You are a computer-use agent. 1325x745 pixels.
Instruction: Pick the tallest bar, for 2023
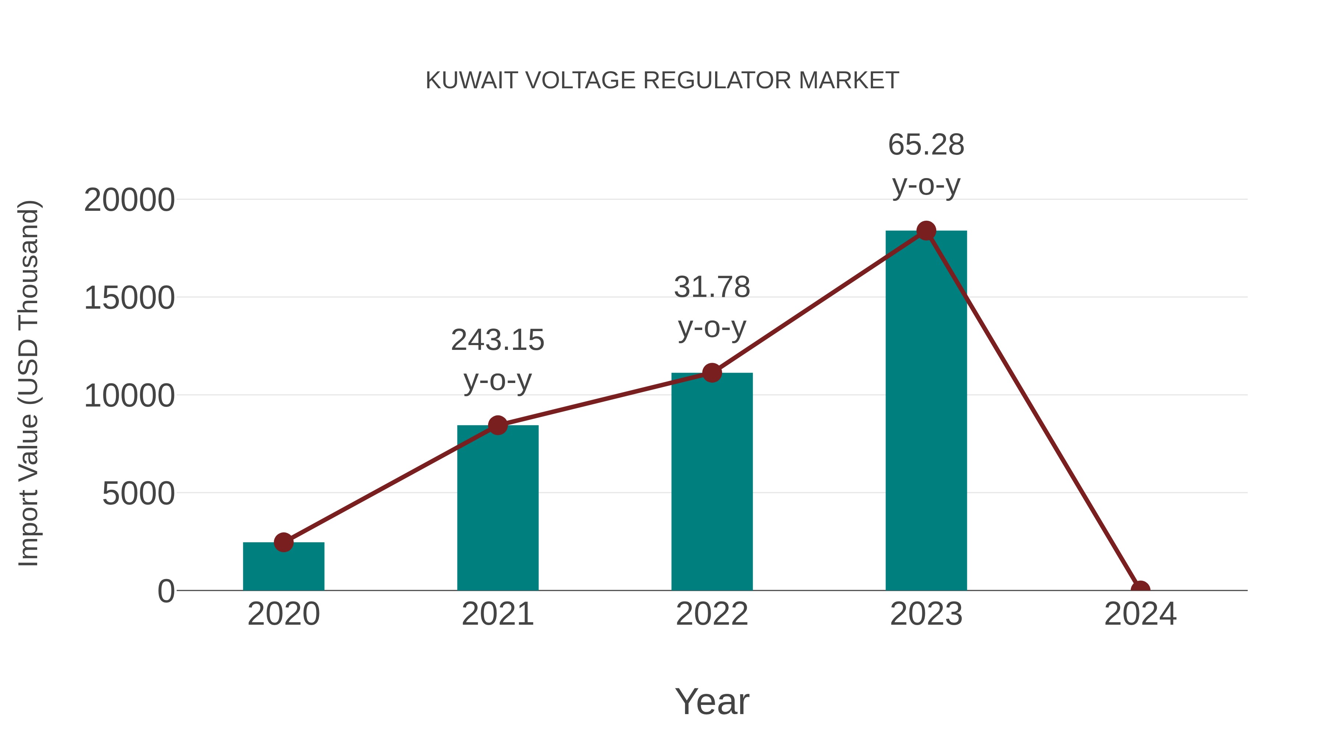[926, 411]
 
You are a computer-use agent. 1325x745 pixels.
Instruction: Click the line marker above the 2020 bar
[283, 542]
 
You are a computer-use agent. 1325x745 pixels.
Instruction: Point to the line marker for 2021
[497, 425]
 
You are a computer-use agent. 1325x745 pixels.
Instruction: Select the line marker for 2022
[712, 373]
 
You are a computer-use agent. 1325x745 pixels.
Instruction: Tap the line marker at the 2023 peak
[926, 231]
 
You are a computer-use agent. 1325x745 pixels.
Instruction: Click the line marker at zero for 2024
[1140, 590]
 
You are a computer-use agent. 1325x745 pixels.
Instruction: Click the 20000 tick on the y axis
[129, 200]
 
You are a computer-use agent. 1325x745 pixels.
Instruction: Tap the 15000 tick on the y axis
[129, 298]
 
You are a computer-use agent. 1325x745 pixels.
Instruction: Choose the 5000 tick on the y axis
[138, 494]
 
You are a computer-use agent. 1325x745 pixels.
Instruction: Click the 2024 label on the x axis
[1140, 614]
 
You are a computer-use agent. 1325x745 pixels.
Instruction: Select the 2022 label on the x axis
[712, 614]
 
